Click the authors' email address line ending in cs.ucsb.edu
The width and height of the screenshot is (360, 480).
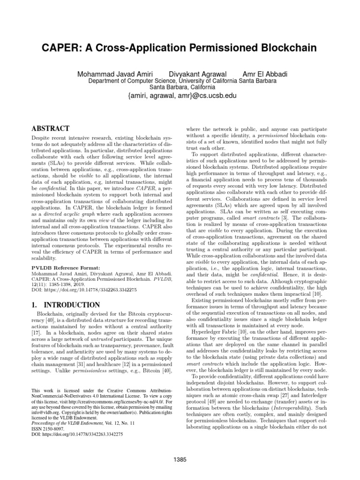pyautogui.click(x=182, y=96)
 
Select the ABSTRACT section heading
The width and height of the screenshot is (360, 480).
pyautogui.click(x=50, y=128)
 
